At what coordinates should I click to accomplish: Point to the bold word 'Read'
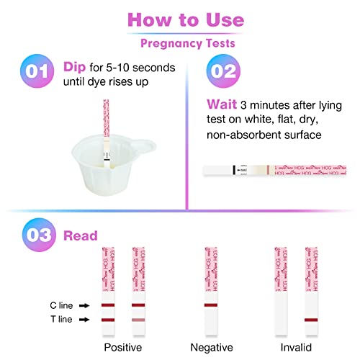[81, 235]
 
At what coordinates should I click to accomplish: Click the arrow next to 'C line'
[84, 305]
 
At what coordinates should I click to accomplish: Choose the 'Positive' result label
[122, 348]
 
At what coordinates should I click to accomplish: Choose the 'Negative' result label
[211, 348]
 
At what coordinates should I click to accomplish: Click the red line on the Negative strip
[211, 305]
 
